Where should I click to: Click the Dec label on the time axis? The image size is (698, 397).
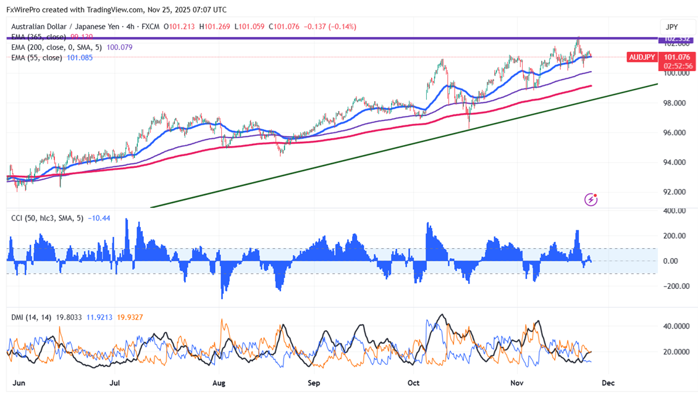click(608, 383)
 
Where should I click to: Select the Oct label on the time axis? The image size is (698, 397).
click(414, 383)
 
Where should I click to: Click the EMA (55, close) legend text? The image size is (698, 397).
click(36, 57)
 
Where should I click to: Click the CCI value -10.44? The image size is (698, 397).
click(99, 218)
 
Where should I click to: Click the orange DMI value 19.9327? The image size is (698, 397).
click(128, 317)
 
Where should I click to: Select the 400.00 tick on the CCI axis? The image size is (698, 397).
click(674, 211)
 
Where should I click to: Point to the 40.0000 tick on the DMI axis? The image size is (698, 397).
click(675, 326)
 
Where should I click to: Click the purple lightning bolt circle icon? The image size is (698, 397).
click(592, 199)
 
